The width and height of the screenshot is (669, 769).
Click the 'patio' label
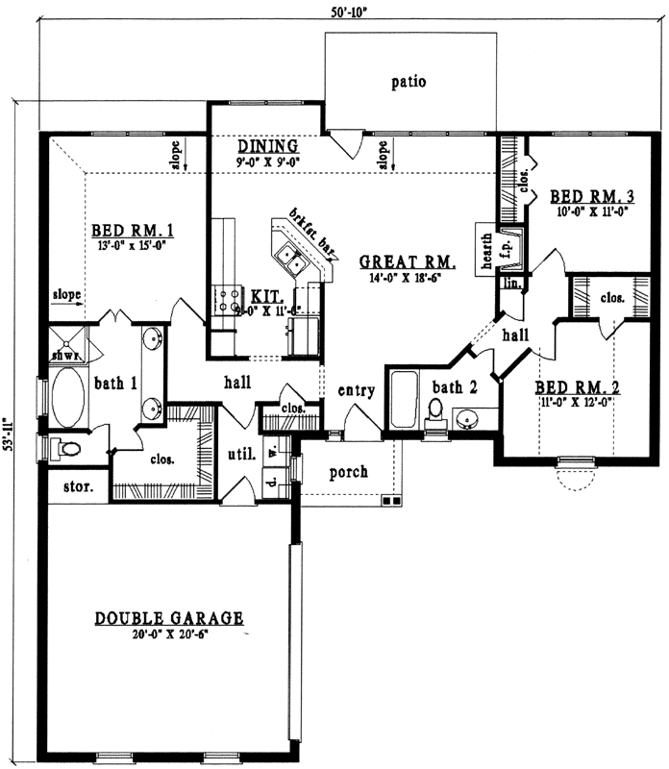tap(409, 82)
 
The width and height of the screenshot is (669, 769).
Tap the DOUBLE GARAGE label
tap(168, 618)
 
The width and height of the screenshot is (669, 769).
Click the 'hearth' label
tap(487, 249)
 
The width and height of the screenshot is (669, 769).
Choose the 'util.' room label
tap(240, 455)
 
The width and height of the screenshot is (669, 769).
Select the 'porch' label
tap(350, 473)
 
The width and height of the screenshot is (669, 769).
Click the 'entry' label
tap(356, 391)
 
